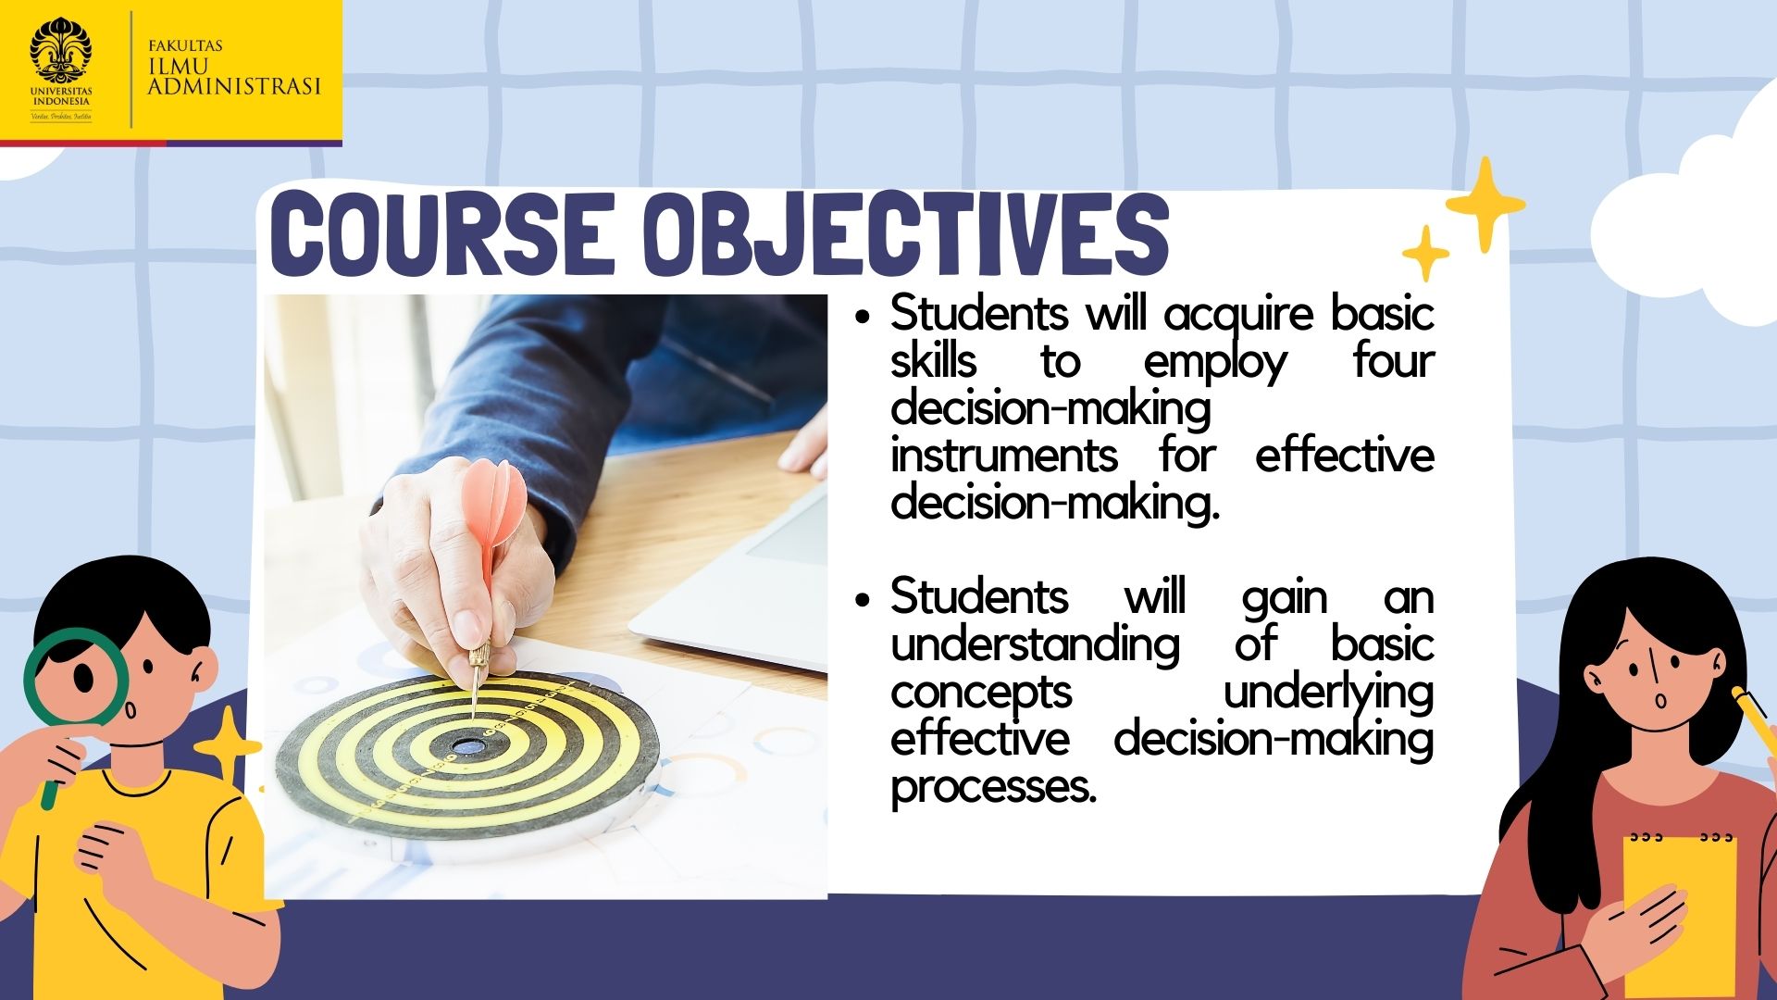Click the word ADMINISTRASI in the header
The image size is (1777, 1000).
(x=234, y=86)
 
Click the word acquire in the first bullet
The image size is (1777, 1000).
(x=1239, y=316)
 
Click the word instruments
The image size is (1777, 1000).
(x=1004, y=456)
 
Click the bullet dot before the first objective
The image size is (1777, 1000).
(x=864, y=317)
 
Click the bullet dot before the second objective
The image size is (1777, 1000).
(x=864, y=598)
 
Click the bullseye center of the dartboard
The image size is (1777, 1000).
(x=468, y=744)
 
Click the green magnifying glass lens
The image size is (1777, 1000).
(x=77, y=676)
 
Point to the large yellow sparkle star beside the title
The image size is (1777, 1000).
(x=1485, y=205)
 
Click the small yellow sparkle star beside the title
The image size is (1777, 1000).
(x=1425, y=253)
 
